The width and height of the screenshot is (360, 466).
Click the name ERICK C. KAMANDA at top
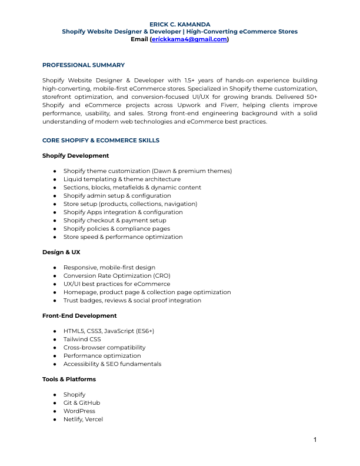pyautogui.click(x=180, y=24)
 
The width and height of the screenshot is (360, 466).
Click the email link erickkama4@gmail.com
pyautogui.click(x=189, y=39)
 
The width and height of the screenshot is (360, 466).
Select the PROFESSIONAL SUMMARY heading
pyautogui.click(x=83, y=65)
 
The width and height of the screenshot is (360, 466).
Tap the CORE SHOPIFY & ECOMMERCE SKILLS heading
pyautogui.click(x=101, y=141)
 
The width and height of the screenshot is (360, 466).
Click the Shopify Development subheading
pyautogui.click(x=75, y=155)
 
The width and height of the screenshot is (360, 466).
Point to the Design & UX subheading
pyautogui.click(x=61, y=252)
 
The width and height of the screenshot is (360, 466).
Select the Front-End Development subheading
pyautogui.click(x=79, y=316)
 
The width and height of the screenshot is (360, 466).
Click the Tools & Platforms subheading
pyautogui.click(x=69, y=380)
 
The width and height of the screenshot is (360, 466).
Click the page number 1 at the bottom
pyautogui.click(x=315, y=440)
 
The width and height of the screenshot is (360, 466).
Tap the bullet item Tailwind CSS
pyautogui.click(x=82, y=339)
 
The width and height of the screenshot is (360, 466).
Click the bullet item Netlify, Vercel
pyautogui.click(x=83, y=419)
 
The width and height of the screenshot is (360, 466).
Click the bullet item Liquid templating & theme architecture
pyautogui.click(x=122, y=179)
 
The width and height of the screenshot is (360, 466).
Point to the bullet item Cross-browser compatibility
pyautogui.click(x=104, y=347)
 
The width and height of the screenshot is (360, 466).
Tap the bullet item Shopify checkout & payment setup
pyautogui.click(x=115, y=220)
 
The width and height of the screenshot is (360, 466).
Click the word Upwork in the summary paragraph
pyautogui.click(x=211, y=105)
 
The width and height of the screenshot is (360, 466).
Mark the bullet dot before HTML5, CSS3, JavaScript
pyautogui.click(x=54, y=331)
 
